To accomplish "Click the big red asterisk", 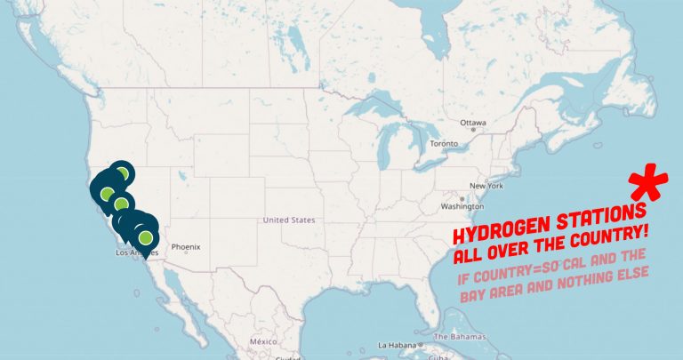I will [x=648, y=184].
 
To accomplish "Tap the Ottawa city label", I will [x=473, y=122].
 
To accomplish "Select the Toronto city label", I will [x=443, y=143].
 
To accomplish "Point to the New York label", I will [x=486, y=186].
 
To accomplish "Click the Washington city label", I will [x=462, y=206].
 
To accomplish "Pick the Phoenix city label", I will [x=186, y=246].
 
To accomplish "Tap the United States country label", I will [x=289, y=220].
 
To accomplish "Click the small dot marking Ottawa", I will [x=473, y=130].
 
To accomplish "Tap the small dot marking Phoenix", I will [x=186, y=252].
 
